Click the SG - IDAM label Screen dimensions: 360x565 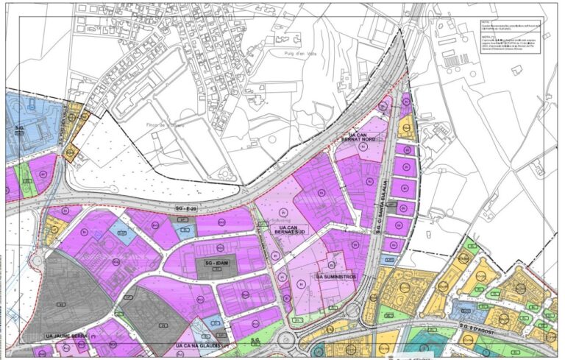click(x=216, y=262)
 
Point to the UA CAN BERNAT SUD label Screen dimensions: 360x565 click(x=292, y=232)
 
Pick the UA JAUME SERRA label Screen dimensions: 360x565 click(x=66, y=336)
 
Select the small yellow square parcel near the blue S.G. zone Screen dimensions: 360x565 click(x=71, y=154)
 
